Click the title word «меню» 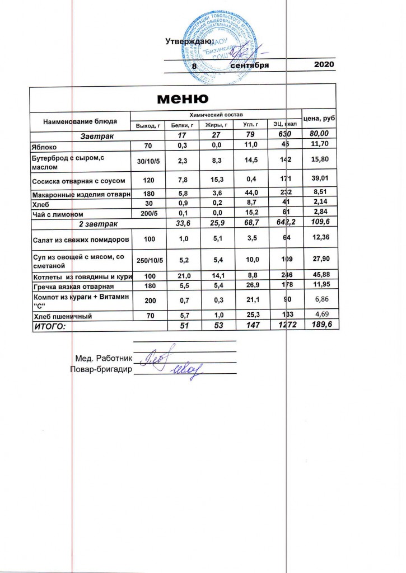(x=183, y=98)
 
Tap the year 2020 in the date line (x=324, y=65)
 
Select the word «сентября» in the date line (x=250, y=65)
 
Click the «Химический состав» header (x=216, y=114)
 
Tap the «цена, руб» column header (x=318, y=119)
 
